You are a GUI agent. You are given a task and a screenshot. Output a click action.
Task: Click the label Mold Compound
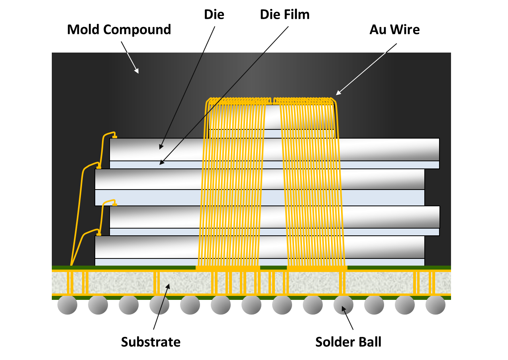tap(119, 29)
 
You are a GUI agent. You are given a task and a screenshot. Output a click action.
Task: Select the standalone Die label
tap(214, 15)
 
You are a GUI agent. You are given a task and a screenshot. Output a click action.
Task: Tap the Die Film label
tap(284, 15)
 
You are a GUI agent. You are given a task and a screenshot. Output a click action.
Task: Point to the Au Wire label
tap(394, 29)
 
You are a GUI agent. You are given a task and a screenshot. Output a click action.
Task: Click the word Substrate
tap(151, 342)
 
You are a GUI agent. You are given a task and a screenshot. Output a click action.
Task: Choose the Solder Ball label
tap(348, 342)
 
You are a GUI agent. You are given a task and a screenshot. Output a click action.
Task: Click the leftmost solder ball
tap(67, 305)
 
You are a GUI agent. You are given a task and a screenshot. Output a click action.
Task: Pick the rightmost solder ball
tap(435, 305)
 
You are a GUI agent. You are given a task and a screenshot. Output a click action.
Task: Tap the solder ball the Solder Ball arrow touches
tap(343, 305)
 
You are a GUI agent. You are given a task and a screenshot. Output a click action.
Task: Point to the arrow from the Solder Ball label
tap(348, 319)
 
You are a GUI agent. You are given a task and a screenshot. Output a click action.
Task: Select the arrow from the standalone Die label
tap(187, 88)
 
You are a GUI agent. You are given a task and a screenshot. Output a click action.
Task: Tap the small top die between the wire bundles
tap(273, 117)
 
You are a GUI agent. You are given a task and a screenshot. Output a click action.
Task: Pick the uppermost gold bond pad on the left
tap(115, 137)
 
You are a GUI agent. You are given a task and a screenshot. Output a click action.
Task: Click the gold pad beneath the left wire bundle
tap(228, 268)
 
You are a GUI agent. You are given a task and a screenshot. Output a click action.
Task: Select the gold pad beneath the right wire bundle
tap(317, 268)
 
